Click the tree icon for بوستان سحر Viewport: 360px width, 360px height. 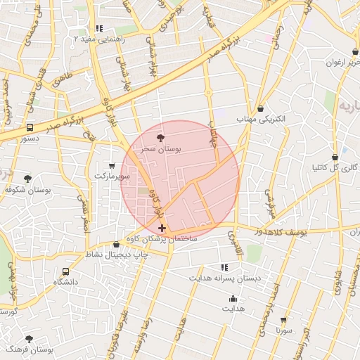point(162,139)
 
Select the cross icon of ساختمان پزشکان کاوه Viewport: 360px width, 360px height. point(162,228)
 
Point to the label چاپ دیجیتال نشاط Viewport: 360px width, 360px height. point(112,254)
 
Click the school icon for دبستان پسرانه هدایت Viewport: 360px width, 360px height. point(224,267)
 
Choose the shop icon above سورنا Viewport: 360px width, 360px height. point(283,319)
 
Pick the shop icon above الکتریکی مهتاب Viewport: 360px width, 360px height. point(262,109)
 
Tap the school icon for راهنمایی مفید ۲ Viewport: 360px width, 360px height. point(99,29)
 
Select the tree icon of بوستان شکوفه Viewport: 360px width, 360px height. point(27,179)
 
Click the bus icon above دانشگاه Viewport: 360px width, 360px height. point(66,271)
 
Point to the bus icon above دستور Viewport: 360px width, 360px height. point(30,128)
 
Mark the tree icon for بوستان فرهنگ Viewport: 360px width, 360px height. point(29,339)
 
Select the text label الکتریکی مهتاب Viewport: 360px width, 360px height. point(262,120)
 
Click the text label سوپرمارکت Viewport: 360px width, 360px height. point(113,176)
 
